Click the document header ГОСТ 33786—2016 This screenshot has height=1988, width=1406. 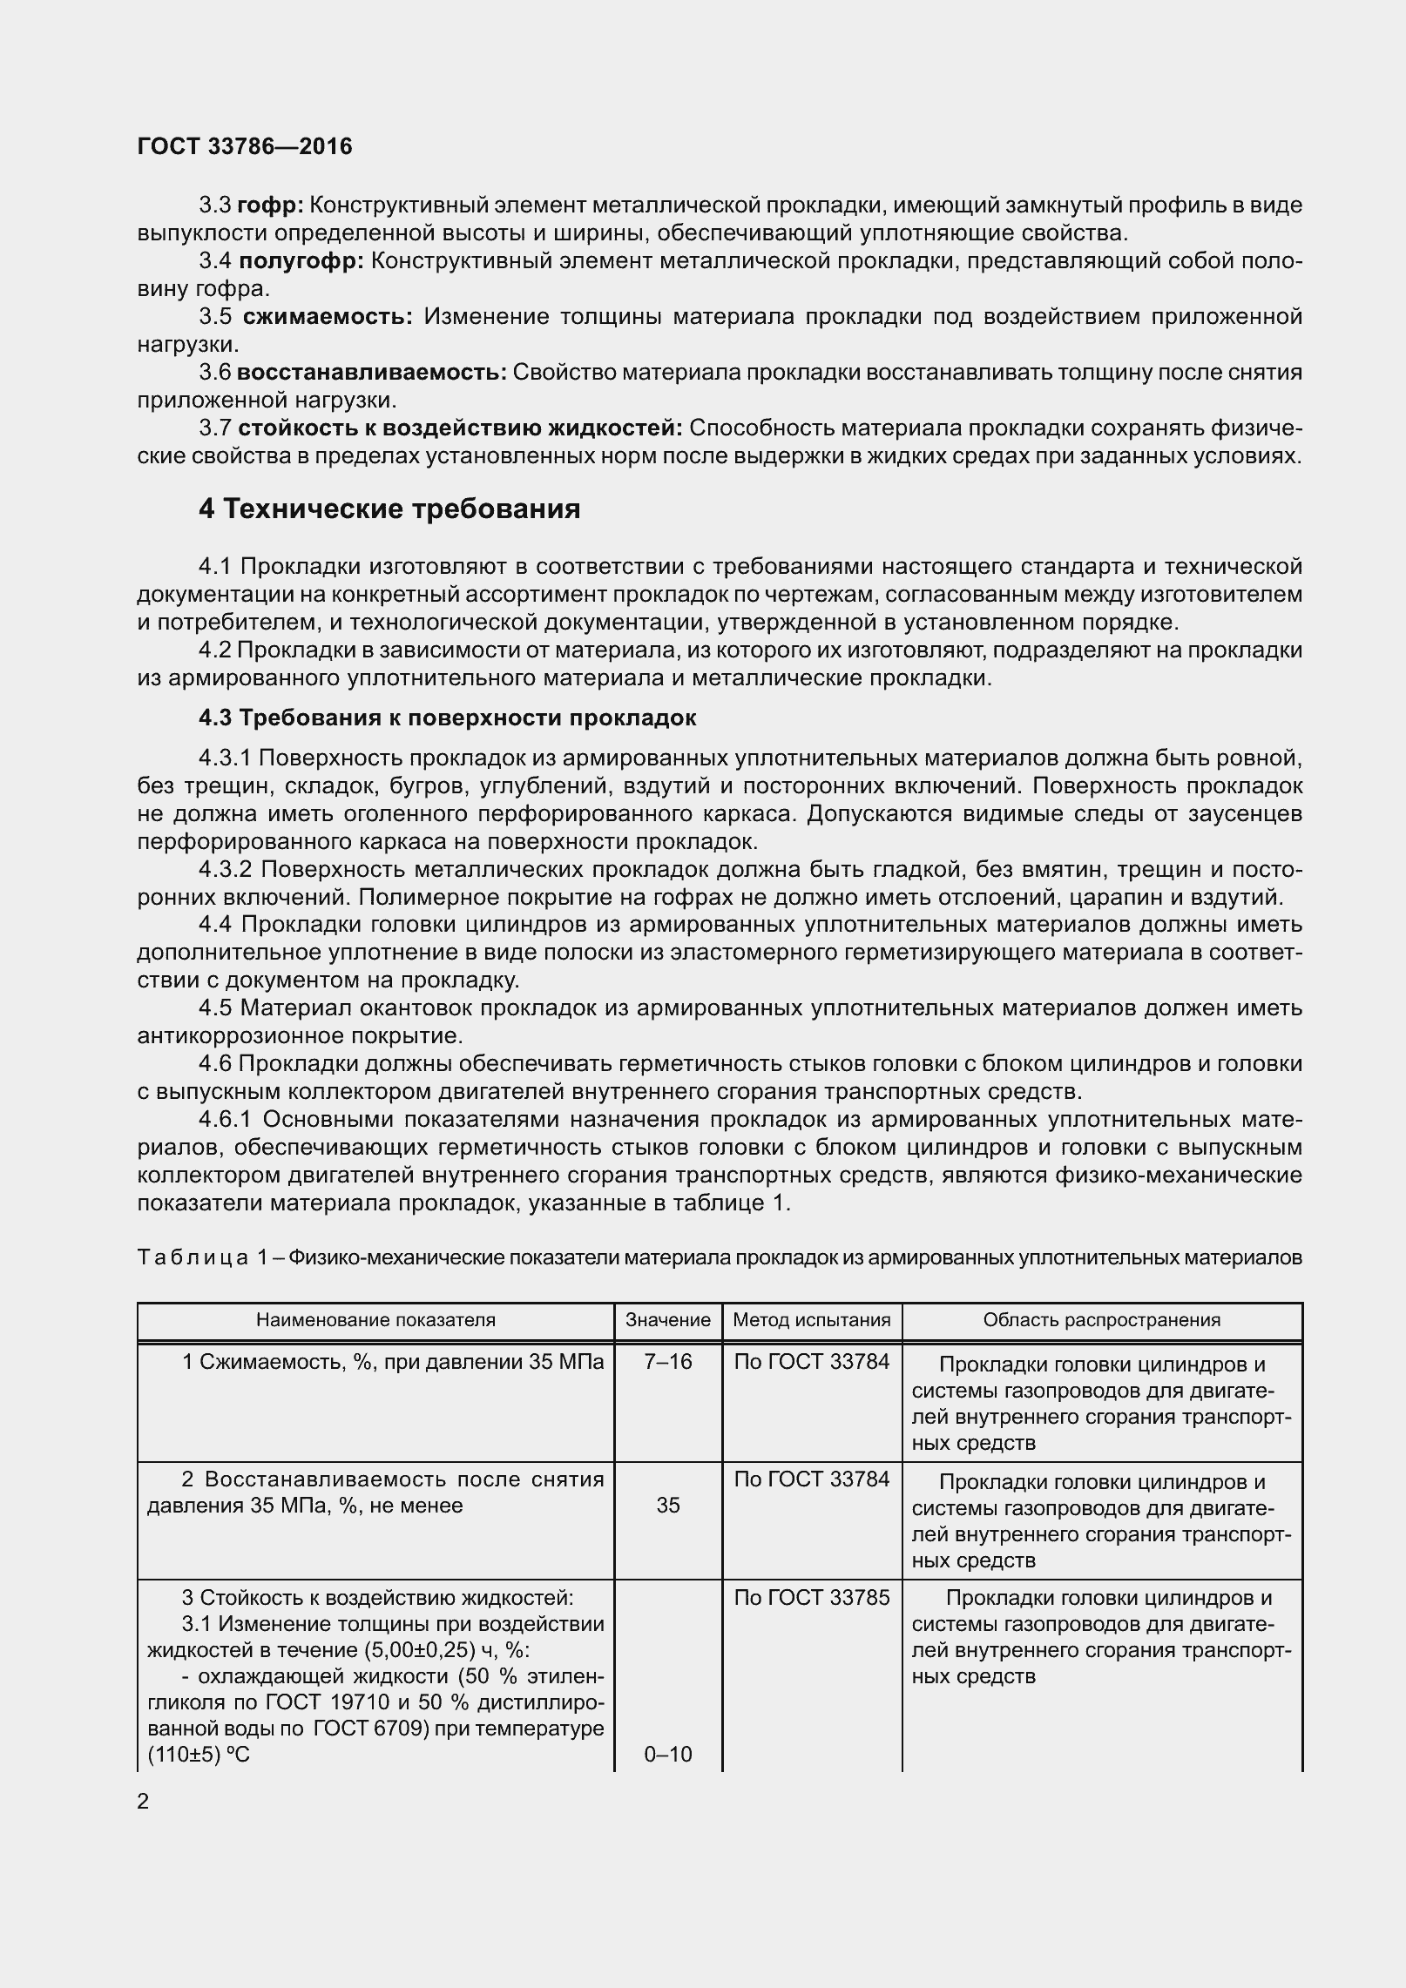(245, 146)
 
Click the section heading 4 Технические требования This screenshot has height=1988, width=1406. (389, 509)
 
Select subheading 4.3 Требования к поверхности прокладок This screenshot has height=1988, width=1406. (447, 718)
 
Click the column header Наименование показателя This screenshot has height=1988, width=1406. (375, 1320)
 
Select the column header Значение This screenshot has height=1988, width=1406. (668, 1320)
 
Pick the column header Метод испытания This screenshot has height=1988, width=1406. (812, 1320)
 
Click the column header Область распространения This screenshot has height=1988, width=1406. (1102, 1320)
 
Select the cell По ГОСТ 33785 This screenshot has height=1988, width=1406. (812, 1598)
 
